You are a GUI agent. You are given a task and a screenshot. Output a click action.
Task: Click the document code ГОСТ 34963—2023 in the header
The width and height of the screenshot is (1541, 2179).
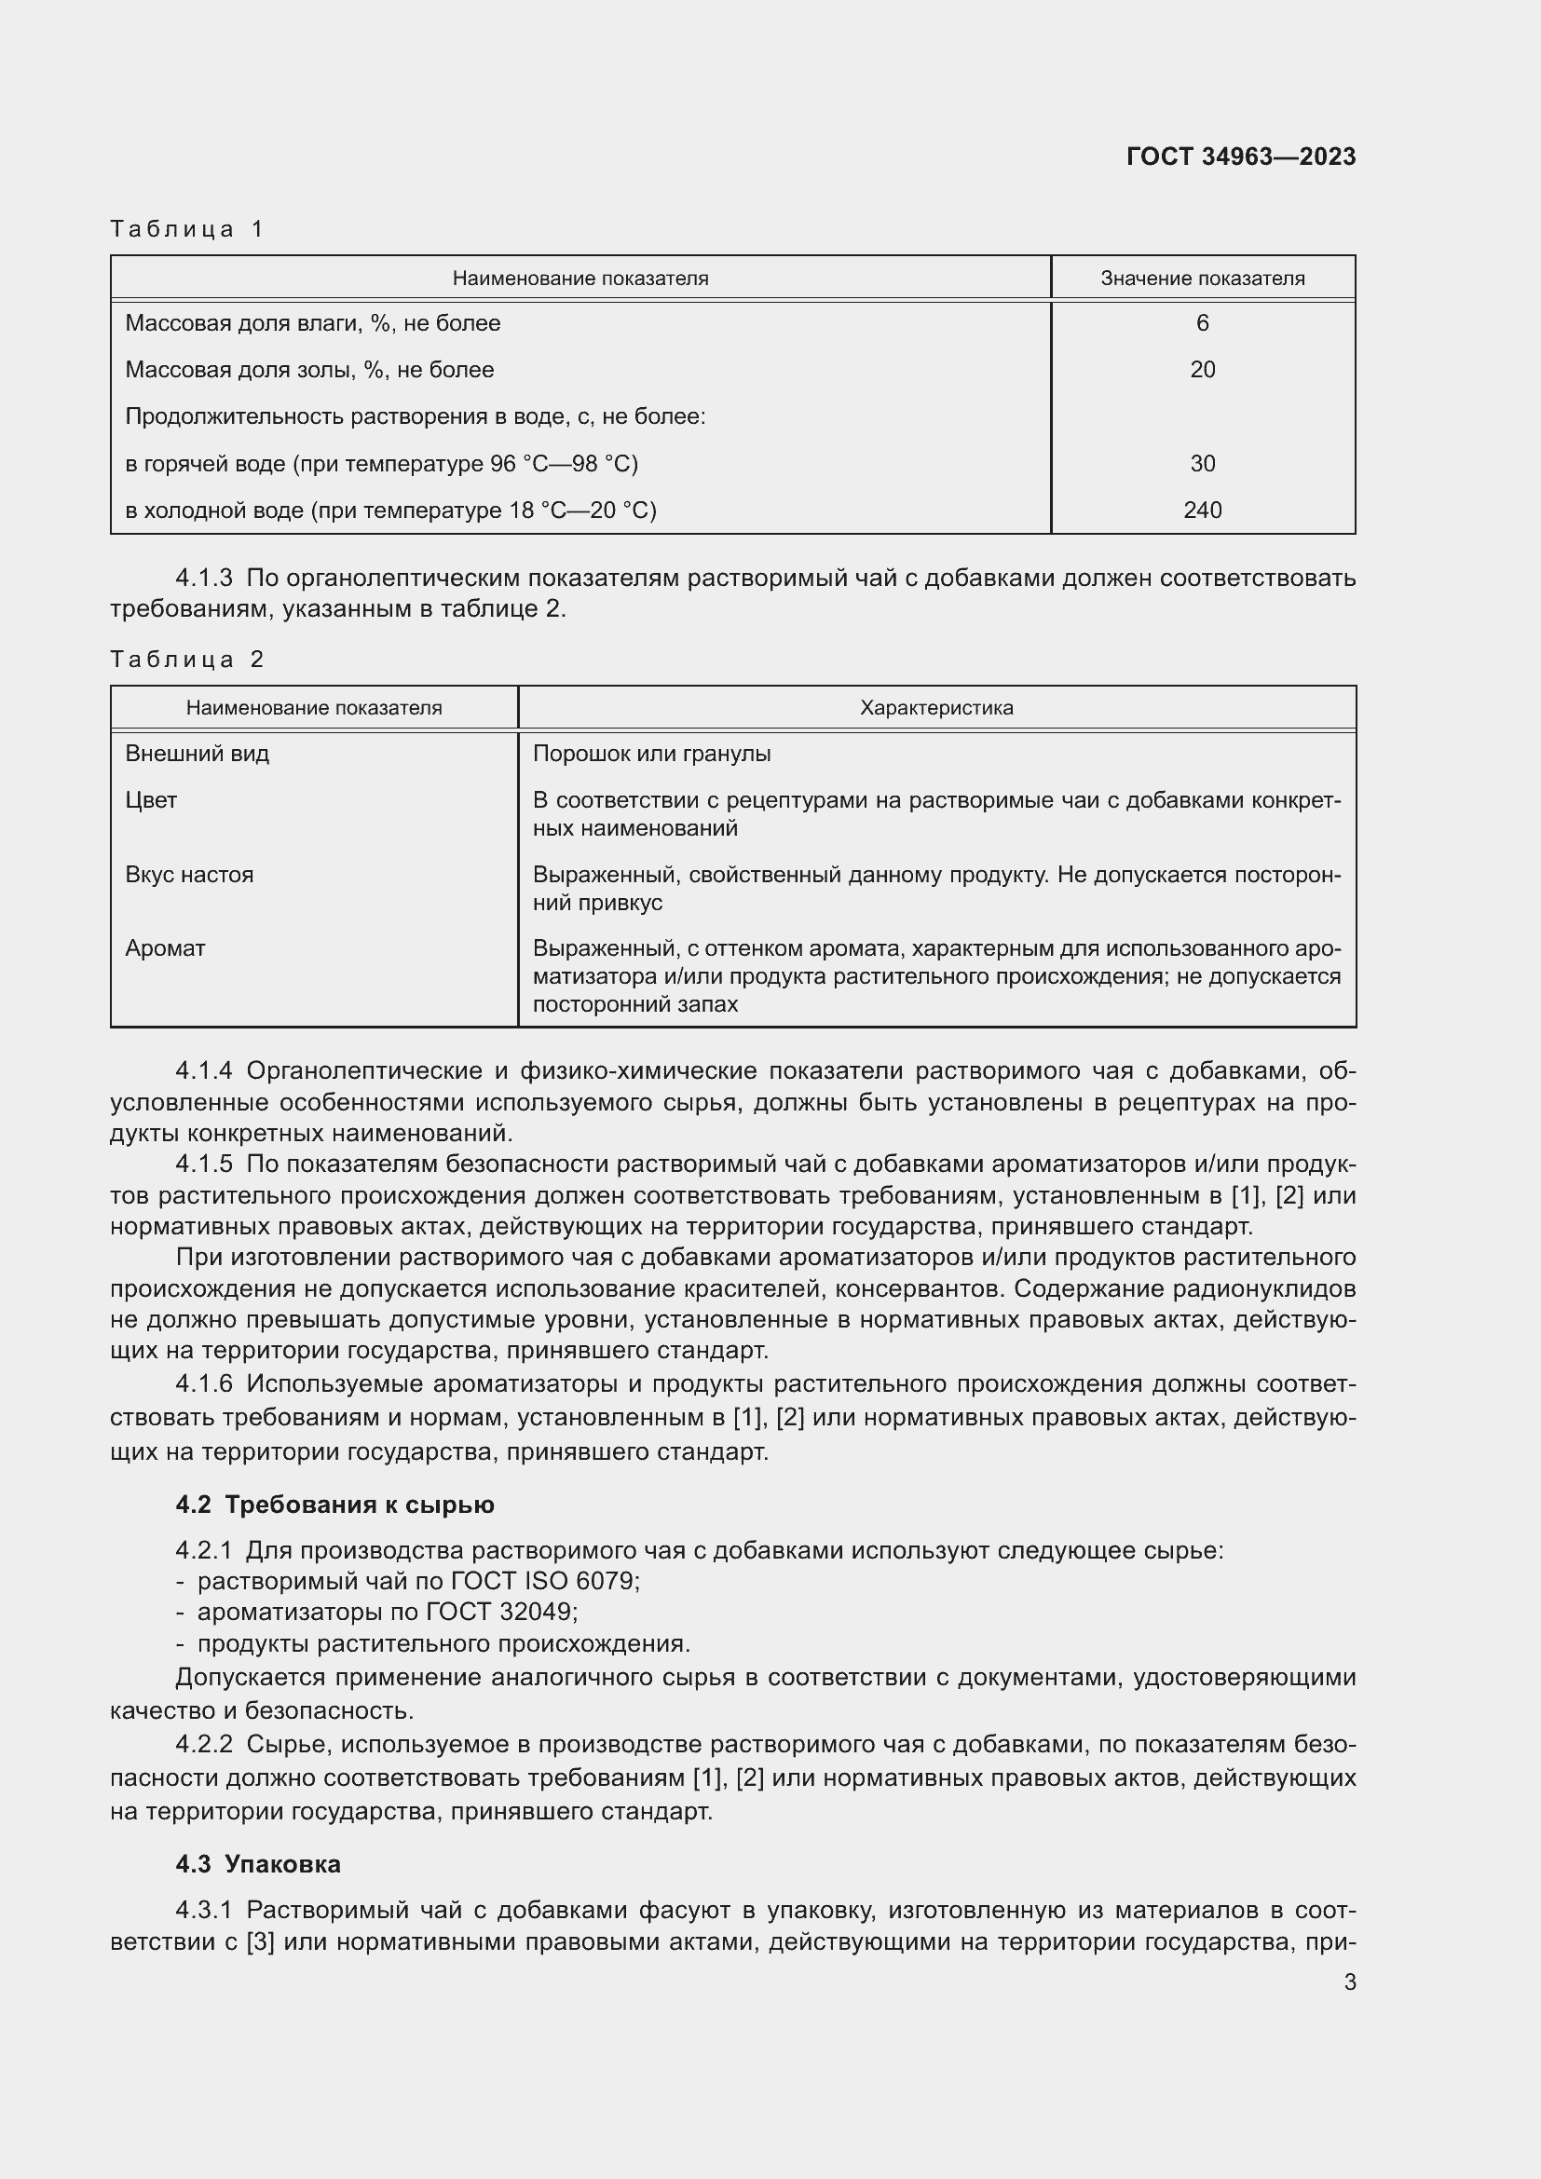[x=1240, y=157]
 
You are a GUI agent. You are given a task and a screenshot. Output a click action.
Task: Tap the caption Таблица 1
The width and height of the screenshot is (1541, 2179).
[x=187, y=229]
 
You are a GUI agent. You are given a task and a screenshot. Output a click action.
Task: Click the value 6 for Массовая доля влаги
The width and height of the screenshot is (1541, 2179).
[x=1201, y=323]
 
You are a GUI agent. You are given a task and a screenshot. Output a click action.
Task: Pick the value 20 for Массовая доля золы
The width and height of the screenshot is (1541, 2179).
[x=1201, y=370]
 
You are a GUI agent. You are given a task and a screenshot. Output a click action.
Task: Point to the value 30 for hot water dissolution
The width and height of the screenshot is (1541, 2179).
[x=1201, y=464]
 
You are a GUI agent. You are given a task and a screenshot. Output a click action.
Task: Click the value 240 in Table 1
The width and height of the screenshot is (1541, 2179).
[x=1201, y=511]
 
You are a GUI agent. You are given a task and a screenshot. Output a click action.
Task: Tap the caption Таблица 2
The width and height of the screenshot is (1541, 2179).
[x=187, y=660]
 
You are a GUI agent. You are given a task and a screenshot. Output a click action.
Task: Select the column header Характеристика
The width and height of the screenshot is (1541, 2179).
[x=935, y=708]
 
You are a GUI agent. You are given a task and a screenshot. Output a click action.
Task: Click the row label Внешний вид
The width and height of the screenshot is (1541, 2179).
[x=198, y=755]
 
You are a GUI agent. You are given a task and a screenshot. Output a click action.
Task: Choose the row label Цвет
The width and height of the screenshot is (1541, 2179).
[x=152, y=801]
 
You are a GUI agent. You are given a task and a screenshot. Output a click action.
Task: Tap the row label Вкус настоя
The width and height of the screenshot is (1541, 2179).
[x=190, y=875]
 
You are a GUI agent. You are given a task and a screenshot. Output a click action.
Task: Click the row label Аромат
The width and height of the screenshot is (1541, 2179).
[x=165, y=949]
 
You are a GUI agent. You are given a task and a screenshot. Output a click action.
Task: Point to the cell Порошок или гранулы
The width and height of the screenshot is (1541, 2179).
[x=652, y=755]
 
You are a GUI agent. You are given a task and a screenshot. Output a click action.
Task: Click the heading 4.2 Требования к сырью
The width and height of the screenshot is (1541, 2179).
[x=335, y=1505]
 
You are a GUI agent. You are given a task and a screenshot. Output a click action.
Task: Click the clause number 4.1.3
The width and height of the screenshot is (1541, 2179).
[x=204, y=578]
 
